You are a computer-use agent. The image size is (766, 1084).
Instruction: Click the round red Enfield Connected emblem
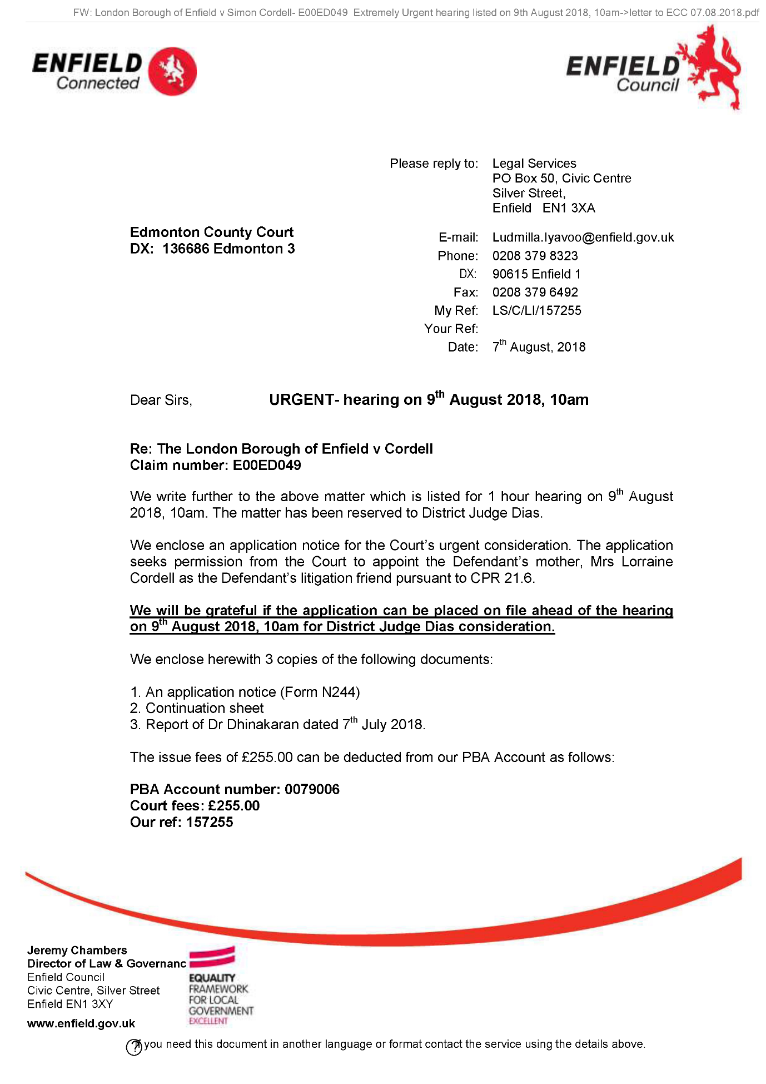click(x=173, y=71)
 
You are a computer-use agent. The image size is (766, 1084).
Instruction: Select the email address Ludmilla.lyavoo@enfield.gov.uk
click(x=583, y=237)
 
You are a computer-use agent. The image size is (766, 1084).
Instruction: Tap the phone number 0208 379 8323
click(x=535, y=256)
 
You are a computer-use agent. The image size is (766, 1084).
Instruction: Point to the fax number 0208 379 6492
click(x=535, y=293)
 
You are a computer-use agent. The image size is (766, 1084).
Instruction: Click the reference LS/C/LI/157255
click(x=536, y=310)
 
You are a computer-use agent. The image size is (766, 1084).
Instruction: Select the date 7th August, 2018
click(x=539, y=347)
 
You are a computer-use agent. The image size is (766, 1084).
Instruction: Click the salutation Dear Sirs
click(x=161, y=400)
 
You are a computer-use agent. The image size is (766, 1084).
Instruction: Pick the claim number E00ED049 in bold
click(x=266, y=466)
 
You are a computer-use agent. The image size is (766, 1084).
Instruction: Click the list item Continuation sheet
click(x=204, y=709)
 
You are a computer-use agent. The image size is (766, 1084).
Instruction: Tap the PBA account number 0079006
click(x=311, y=790)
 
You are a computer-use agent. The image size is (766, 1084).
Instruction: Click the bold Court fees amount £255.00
click(x=233, y=806)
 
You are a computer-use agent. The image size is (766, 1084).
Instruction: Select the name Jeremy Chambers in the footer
click(x=77, y=951)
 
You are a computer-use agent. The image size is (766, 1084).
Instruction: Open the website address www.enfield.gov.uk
click(x=81, y=1024)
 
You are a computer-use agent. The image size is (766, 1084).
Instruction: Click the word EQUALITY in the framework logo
click(x=212, y=978)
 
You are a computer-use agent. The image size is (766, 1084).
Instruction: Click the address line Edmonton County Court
click(x=211, y=232)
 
